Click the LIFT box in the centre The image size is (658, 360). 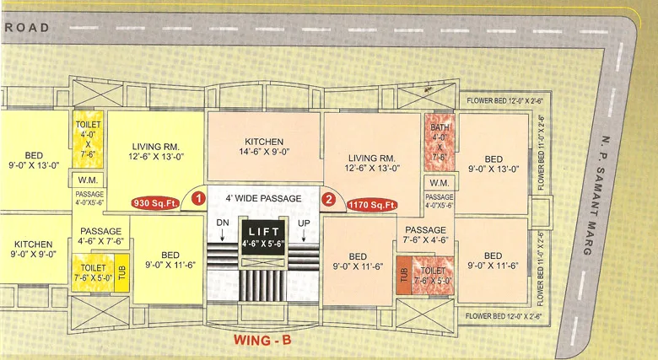coord(263,236)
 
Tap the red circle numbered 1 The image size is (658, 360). coord(197,199)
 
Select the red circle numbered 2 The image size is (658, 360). coord(330,200)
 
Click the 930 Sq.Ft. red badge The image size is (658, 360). coord(153,203)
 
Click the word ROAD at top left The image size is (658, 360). coord(28,27)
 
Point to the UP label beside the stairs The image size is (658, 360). coord(303,221)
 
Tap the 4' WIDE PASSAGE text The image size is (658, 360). coord(263,198)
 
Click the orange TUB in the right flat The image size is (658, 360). coord(403,275)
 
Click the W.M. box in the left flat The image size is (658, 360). coord(87,180)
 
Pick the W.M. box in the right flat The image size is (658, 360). coord(439,183)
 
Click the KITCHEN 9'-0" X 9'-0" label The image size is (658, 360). coord(33,249)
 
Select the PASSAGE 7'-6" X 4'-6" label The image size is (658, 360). coord(425,234)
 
